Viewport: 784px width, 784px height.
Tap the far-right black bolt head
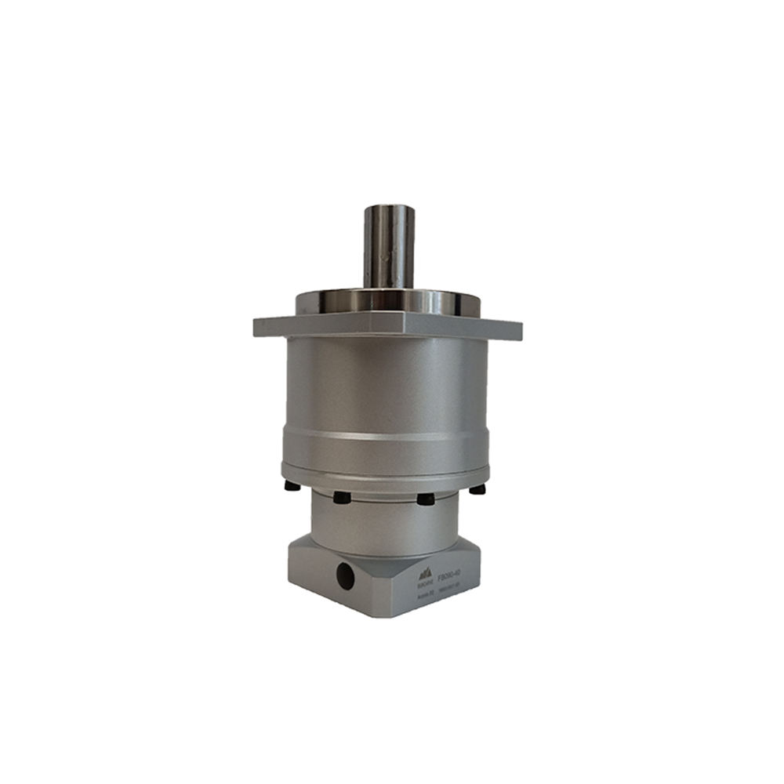[x=477, y=489]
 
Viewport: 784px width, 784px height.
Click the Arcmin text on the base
[x=425, y=596]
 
